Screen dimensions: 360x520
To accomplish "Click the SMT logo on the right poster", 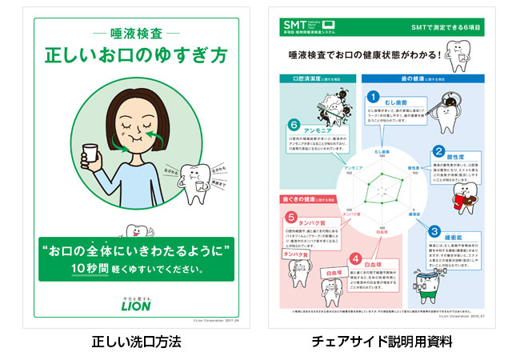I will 296,26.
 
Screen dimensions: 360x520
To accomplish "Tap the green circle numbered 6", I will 294,126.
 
